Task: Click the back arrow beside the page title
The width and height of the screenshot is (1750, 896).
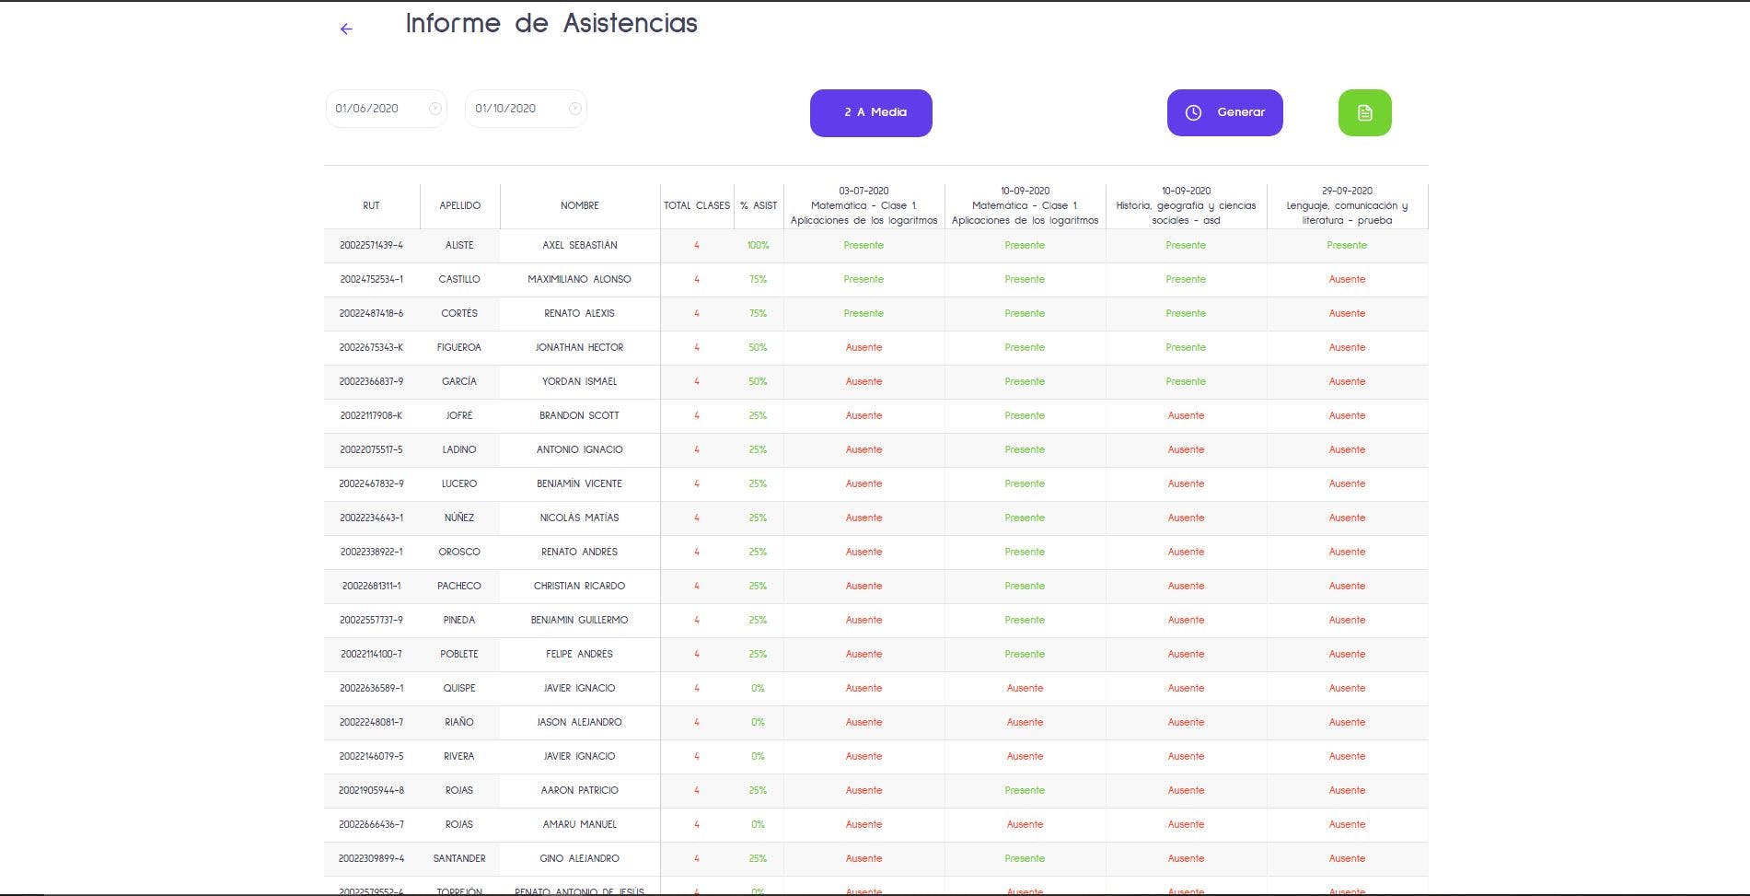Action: click(346, 29)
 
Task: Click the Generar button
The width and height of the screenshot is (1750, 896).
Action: click(1224, 112)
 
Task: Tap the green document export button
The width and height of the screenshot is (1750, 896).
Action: click(1364, 112)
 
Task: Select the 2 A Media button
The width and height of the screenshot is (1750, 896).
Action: click(871, 112)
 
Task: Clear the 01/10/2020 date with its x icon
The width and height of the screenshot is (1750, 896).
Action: click(575, 109)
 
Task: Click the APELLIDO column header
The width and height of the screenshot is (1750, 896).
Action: click(459, 205)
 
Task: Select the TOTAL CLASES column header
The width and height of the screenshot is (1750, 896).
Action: click(697, 205)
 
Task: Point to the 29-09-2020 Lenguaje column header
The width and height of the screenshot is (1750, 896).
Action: click(1347, 205)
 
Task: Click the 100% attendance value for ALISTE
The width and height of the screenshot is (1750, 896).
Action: click(758, 245)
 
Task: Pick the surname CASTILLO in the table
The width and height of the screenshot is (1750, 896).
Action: click(458, 279)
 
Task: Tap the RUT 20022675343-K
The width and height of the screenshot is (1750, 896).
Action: click(371, 347)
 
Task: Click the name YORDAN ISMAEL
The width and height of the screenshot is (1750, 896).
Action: click(579, 381)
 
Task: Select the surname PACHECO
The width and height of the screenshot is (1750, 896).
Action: click(458, 586)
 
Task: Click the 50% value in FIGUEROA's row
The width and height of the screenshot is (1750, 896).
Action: click(758, 347)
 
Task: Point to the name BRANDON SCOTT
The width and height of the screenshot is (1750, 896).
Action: click(579, 415)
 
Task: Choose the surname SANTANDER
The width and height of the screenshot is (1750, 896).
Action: click(458, 858)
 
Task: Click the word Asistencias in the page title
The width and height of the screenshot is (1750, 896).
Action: click(630, 23)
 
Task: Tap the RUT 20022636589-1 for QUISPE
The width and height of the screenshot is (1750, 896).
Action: click(371, 688)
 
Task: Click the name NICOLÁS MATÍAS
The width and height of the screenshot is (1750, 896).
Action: click(579, 518)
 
